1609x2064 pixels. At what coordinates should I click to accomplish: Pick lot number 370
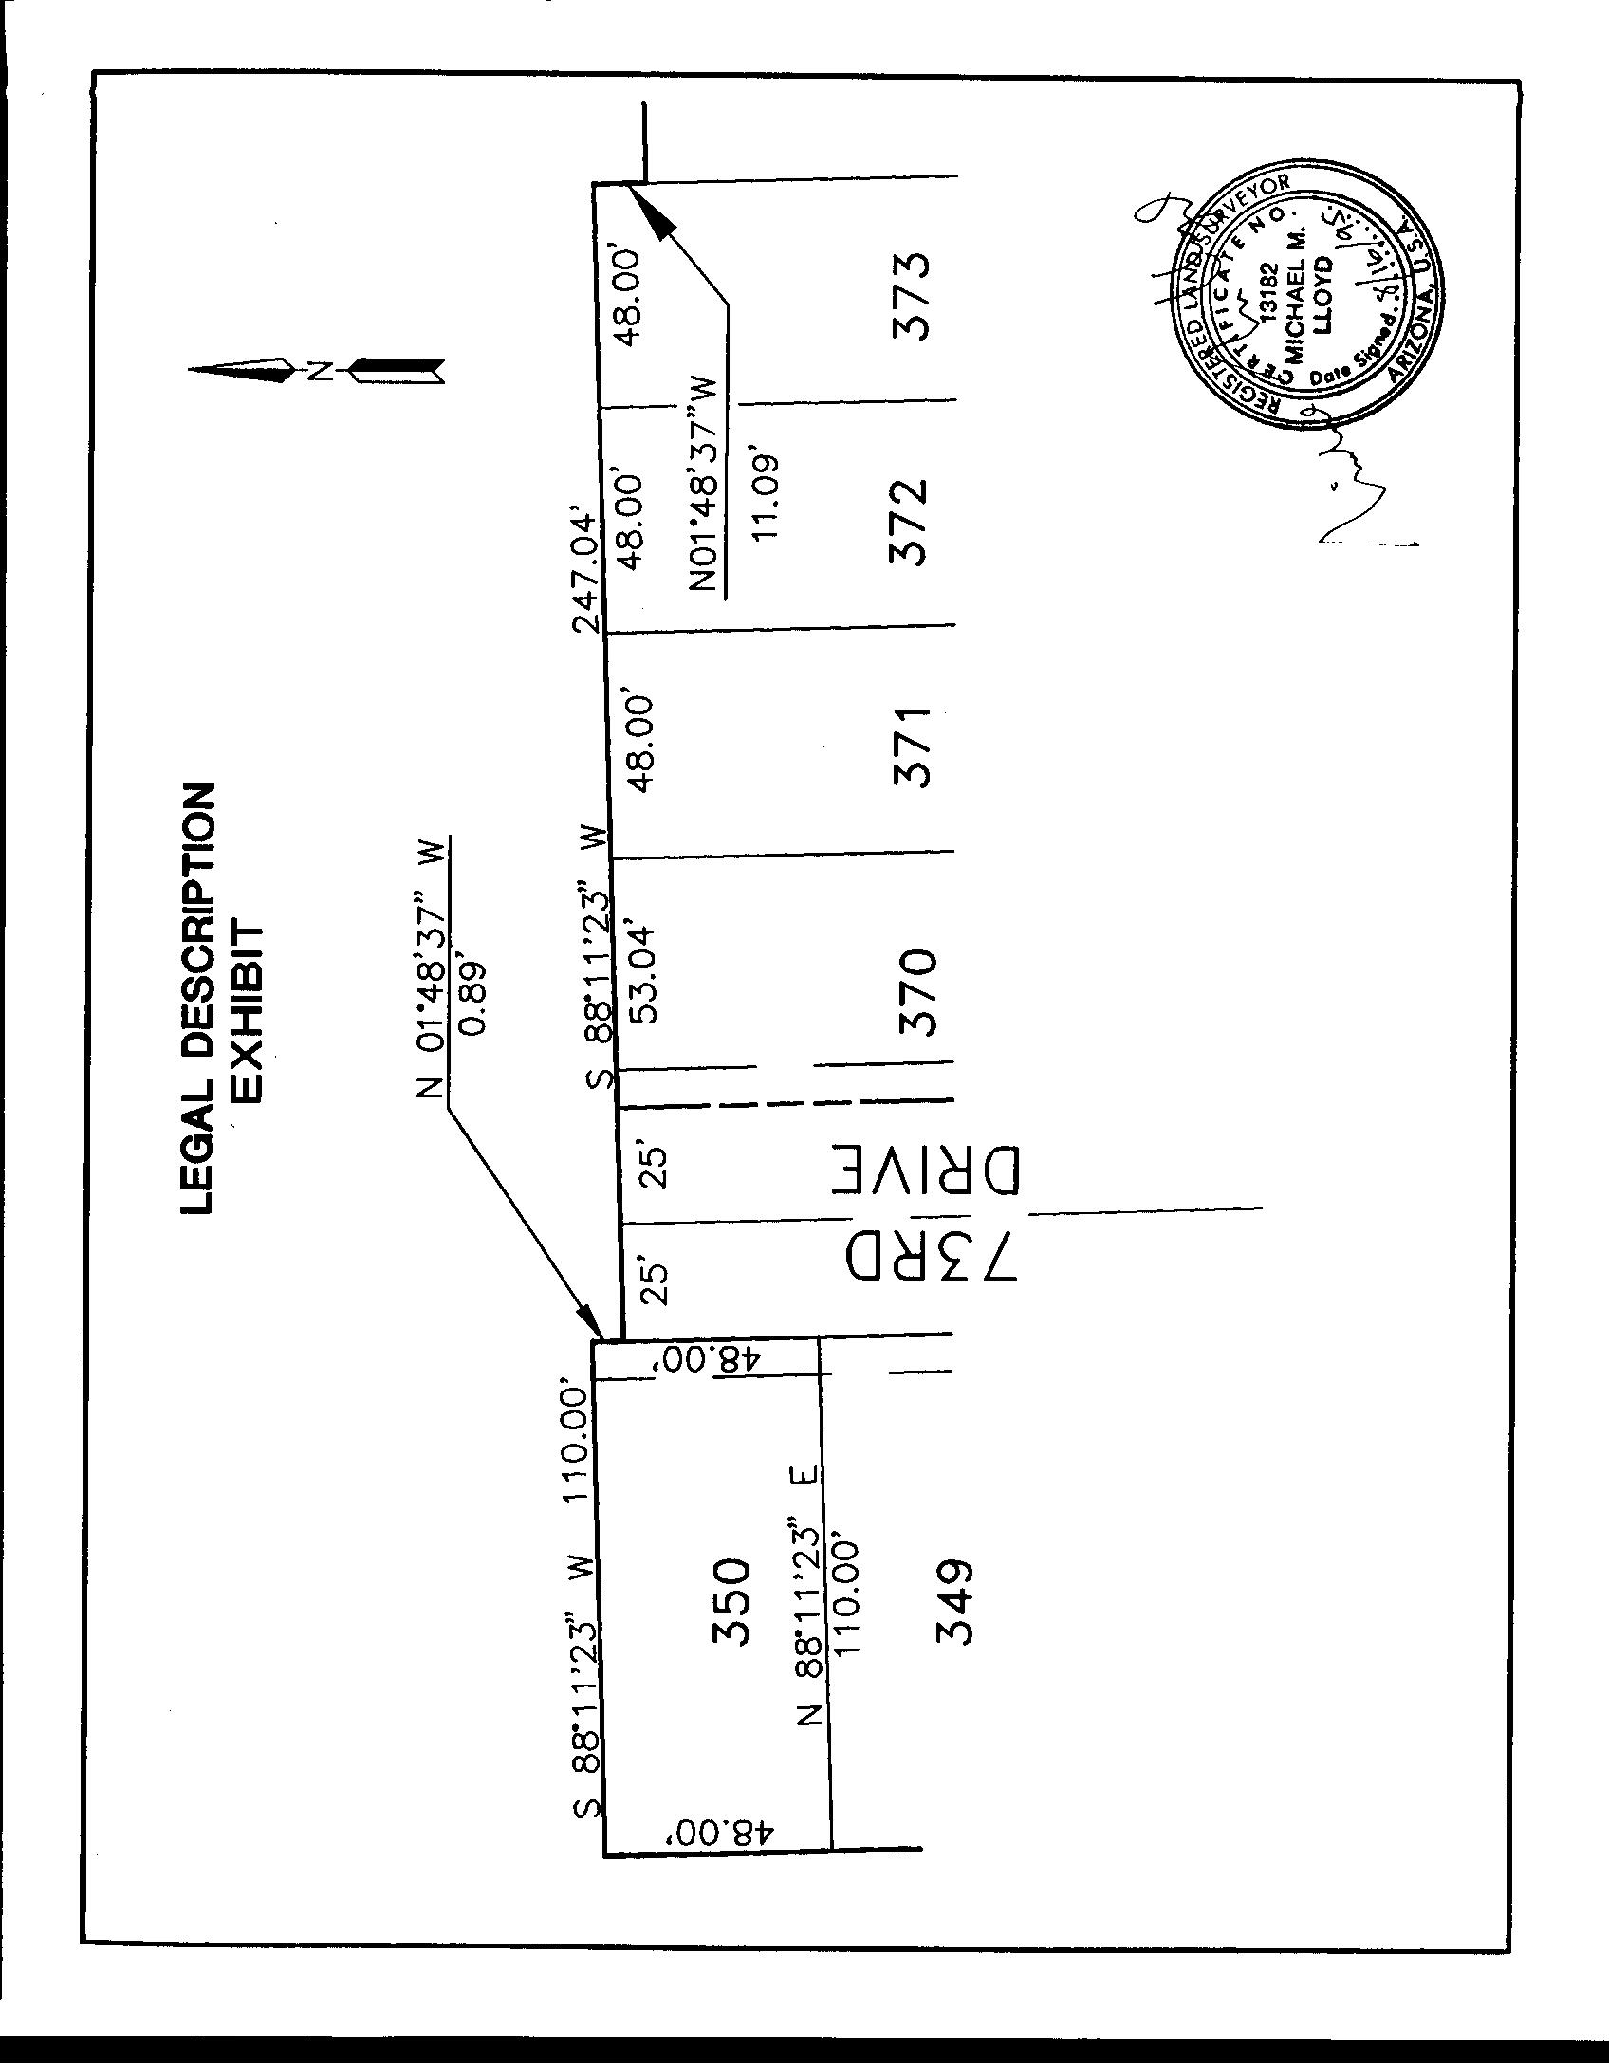pyautogui.click(x=915, y=992)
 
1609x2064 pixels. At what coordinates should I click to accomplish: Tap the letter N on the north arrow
pyautogui.click(x=320, y=370)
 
